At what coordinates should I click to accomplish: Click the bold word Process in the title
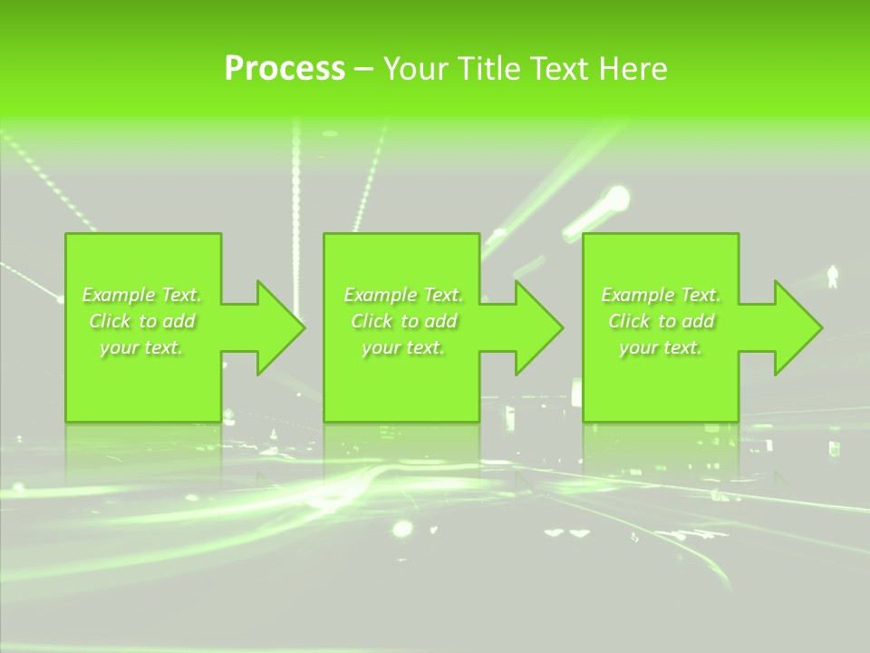coord(285,69)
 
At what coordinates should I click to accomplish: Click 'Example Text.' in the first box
coord(141,295)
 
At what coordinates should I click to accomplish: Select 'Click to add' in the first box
coord(141,321)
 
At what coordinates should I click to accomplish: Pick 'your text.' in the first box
coord(141,347)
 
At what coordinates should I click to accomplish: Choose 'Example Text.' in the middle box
coord(402,295)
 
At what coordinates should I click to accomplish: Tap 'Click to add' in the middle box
coord(402,321)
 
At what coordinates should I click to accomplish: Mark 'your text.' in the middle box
coord(402,347)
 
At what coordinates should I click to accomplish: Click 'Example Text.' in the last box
coord(661,295)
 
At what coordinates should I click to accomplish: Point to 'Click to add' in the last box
coord(661,321)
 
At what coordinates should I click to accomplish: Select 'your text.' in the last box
coord(661,347)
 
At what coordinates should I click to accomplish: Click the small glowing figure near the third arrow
coord(833,276)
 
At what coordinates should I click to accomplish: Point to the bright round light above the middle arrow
coord(616,197)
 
